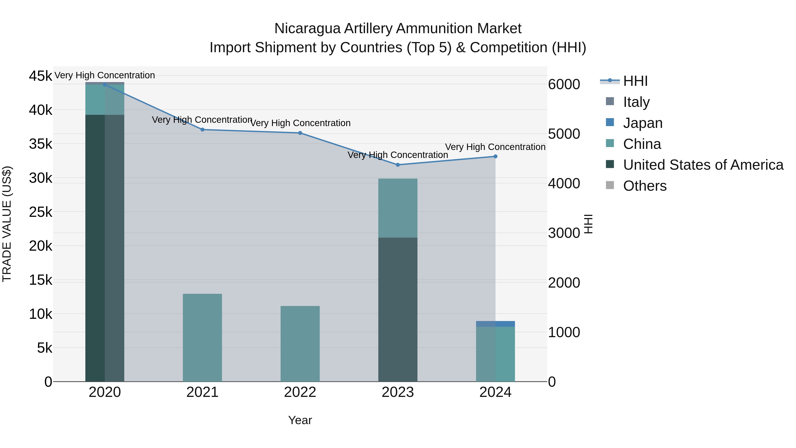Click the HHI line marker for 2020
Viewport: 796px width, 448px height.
(105, 85)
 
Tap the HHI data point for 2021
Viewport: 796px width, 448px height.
(202, 130)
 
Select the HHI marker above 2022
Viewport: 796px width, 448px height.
(300, 133)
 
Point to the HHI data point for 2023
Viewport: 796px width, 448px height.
(398, 165)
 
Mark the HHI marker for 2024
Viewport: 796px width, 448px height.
(495, 156)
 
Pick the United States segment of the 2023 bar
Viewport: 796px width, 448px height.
(398, 309)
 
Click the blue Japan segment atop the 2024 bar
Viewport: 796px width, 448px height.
(495, 324)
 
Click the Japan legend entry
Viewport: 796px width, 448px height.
(643, 123)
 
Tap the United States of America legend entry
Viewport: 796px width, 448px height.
(703, 165)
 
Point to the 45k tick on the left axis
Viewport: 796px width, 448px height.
(40, 76)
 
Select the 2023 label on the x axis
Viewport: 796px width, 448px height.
(398, 392)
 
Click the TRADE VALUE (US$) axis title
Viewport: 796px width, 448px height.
(7, 224)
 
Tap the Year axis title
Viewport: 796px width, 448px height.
(300, 420)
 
